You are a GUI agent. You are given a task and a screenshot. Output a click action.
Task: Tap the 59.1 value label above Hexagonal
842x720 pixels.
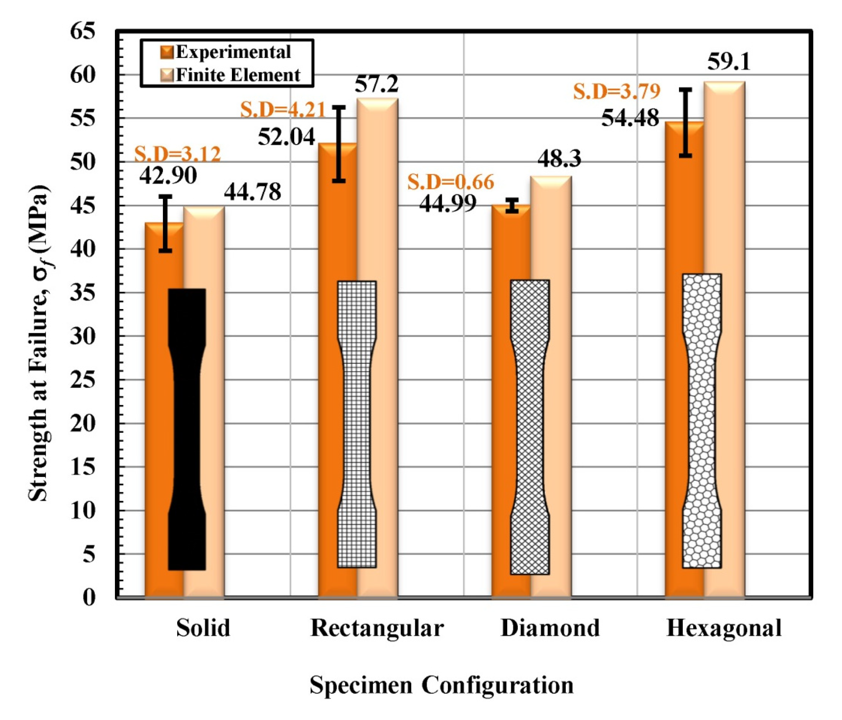[x=728, y=62]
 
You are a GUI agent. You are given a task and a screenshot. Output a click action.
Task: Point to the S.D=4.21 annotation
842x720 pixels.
[x=282, y=110]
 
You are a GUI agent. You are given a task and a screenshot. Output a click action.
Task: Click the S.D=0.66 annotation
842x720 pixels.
[x=450, y=182]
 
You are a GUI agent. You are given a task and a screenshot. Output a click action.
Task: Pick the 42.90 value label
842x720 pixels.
[x=168, y=175]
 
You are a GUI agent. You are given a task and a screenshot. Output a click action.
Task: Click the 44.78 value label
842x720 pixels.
[x=252, y=192]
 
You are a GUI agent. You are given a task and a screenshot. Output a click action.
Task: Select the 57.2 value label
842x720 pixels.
[x=376, y=84]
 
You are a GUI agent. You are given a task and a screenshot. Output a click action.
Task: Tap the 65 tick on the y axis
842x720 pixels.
[x=82, y=31]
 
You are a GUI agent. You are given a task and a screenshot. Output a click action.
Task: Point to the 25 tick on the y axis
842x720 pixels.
[x=82, y=380]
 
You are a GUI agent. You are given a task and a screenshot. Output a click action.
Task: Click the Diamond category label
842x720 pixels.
[x=550, y=628]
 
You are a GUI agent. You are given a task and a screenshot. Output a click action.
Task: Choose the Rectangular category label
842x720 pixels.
[x=376, y=628]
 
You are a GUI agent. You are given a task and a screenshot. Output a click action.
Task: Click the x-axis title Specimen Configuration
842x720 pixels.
[x=441, y=685]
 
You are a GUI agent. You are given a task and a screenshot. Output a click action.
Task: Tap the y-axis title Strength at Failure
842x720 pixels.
[x=40, y=342]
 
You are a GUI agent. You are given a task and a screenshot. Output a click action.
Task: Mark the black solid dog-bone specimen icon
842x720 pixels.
[x=187, y=429]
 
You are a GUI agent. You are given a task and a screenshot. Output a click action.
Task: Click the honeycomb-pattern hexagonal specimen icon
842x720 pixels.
[x=702, y=421]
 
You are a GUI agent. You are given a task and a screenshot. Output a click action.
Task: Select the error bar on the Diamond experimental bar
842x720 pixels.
[x=512, y=205]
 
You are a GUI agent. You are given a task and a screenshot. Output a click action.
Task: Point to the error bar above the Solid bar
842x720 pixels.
[x=165, y=223]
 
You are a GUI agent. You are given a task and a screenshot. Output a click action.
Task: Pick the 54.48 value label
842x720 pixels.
[x=630, y=118]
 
